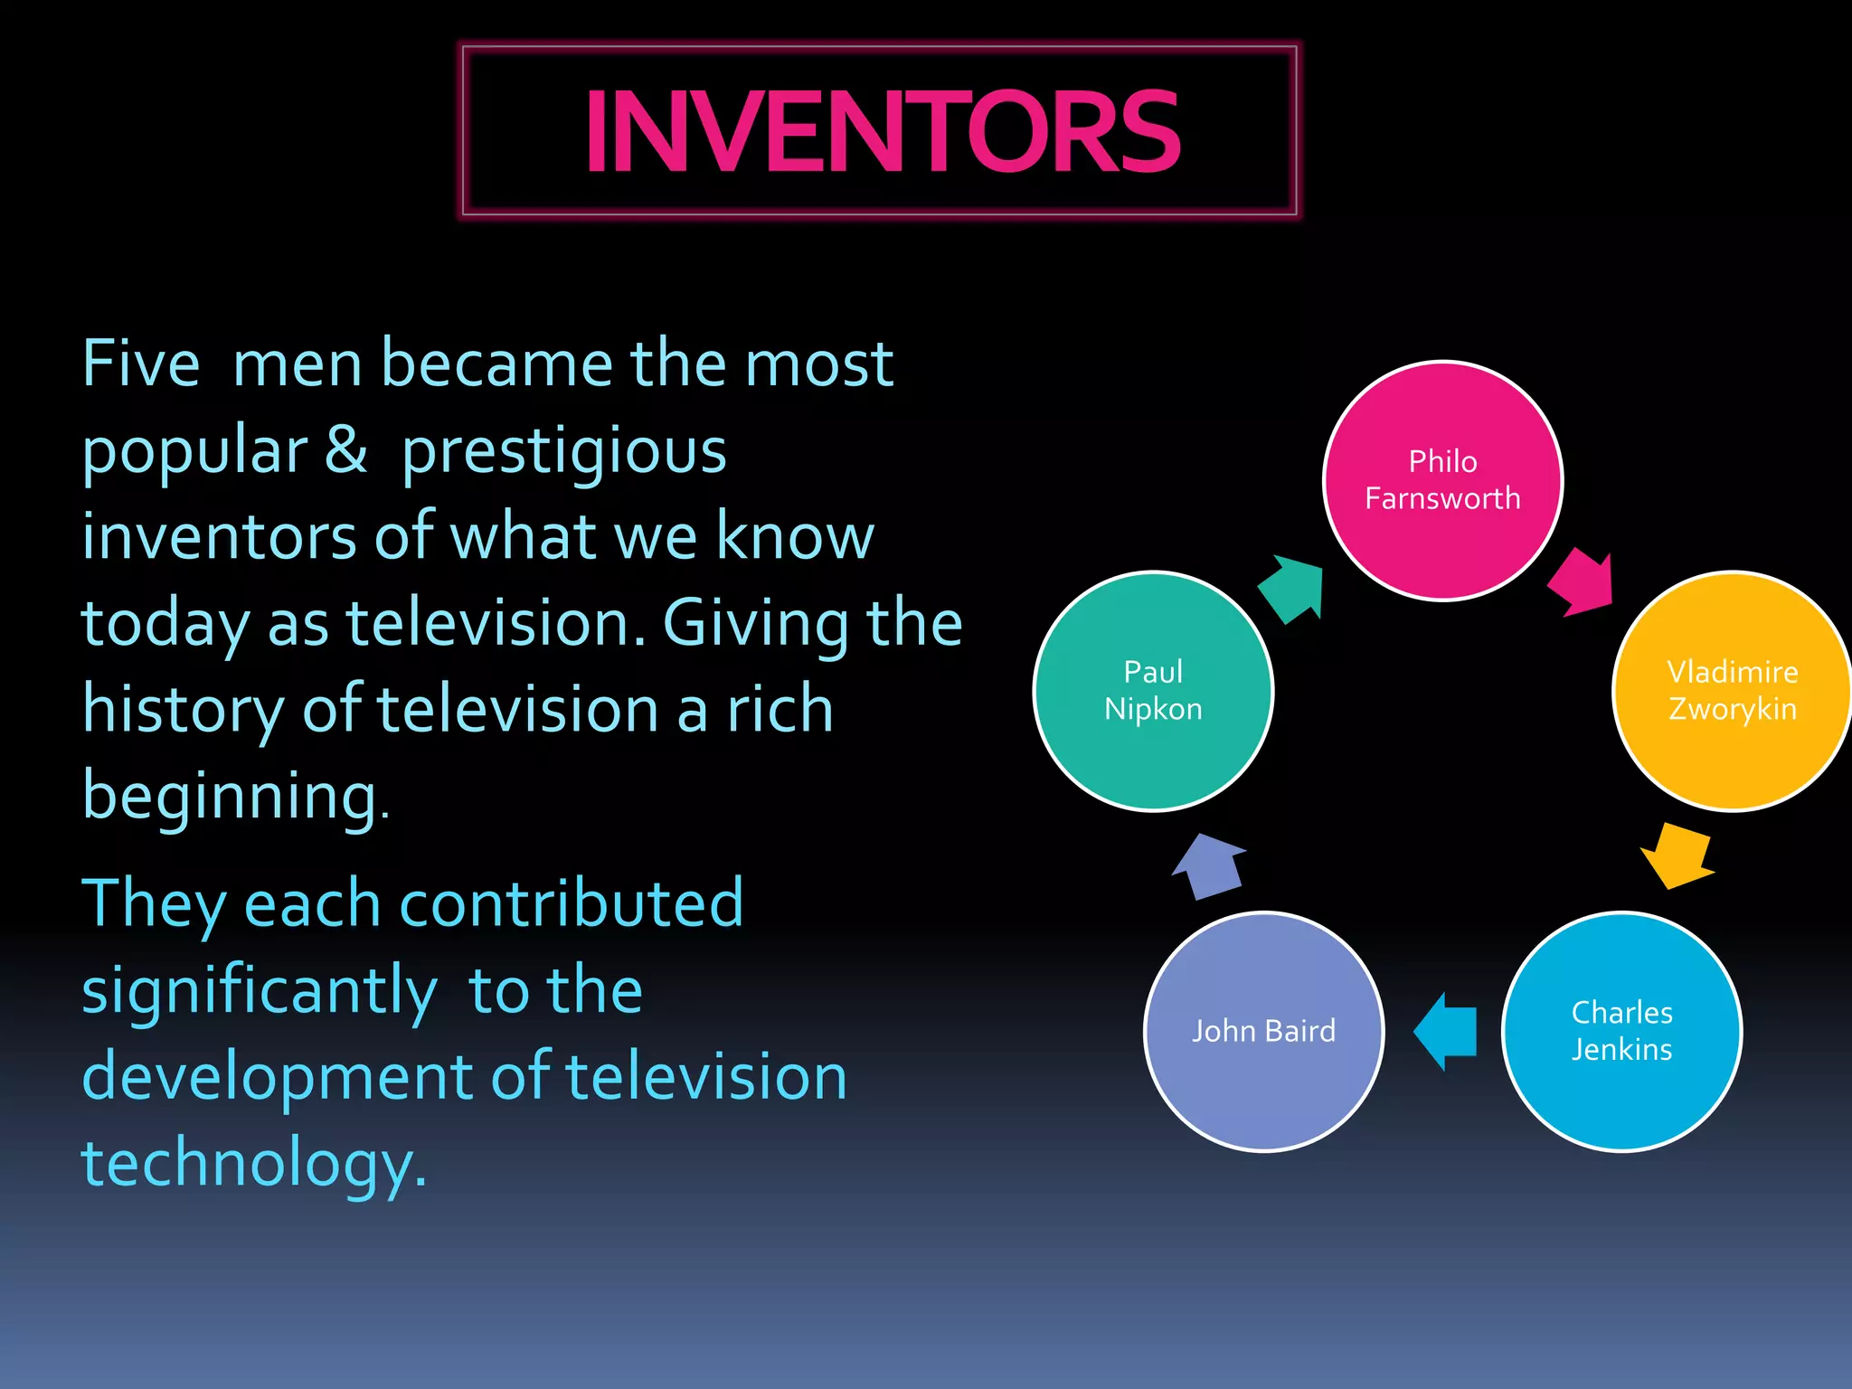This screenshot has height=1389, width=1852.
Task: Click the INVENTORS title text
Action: tap(882, 132)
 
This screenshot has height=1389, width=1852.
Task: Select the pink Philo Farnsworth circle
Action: tap(1442, 480)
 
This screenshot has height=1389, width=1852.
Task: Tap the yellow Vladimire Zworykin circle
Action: tap(1731, 691)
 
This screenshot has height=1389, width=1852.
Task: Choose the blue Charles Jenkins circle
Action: tap(1621, 1031)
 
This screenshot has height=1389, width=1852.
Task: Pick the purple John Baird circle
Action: tap(1263, 1031)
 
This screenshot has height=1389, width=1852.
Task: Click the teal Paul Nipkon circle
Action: tap(1153, 691)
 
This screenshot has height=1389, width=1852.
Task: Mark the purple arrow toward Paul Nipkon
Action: tap(1209, 865)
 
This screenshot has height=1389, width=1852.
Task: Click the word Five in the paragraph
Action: tap(141, 364)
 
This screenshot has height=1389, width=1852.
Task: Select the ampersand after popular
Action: tap(346, 449)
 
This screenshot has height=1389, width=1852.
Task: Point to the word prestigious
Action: tap(564, 451)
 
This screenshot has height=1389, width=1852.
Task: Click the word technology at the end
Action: tap(253, 1164)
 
